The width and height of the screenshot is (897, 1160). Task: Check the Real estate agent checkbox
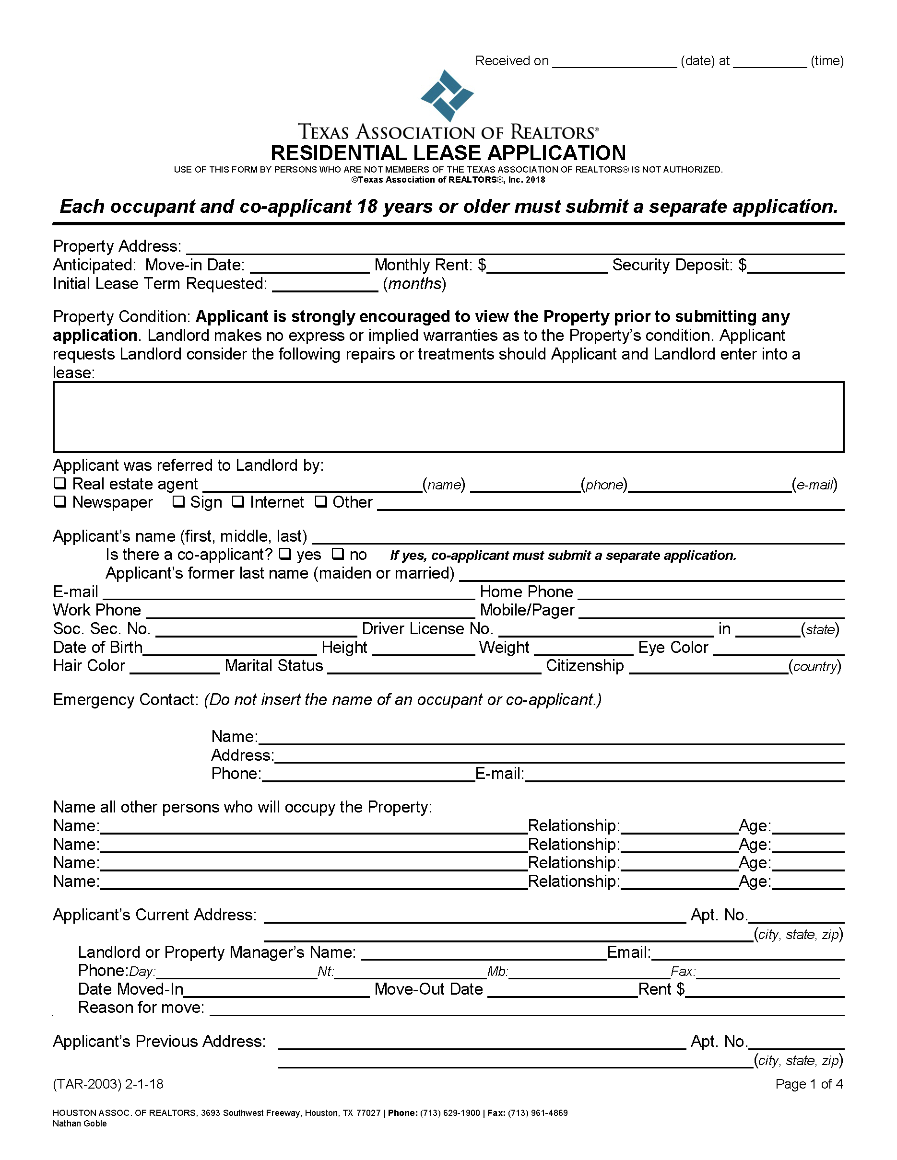pyautogui.click(x=60, y=483)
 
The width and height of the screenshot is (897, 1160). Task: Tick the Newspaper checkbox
pyautogui.click(x=60, y=501)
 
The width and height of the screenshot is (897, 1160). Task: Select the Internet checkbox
pyautogui.click(x=238, y=501)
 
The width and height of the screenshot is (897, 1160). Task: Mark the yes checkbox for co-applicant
pyautogui.click(x=285, y=554)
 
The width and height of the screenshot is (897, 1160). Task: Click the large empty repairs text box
pyautogui.click(x=448, y=417)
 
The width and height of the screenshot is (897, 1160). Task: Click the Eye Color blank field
pyautogui.click(x=778, y=649)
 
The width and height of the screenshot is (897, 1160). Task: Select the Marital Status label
pyautogui.click(x=274, y=666)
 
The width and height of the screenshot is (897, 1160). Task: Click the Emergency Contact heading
pyautogui.click(x=125, y=700)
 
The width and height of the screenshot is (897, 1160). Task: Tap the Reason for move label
pyautogui.click(x=142, y=1008)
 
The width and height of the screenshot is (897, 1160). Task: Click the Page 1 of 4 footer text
pyautogui.click(x=808, y=1084)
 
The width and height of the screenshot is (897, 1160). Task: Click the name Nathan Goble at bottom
pyautogui.click(x=80, y=1124)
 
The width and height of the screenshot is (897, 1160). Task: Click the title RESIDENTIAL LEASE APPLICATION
pyautogui.click(x=448, y=153)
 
